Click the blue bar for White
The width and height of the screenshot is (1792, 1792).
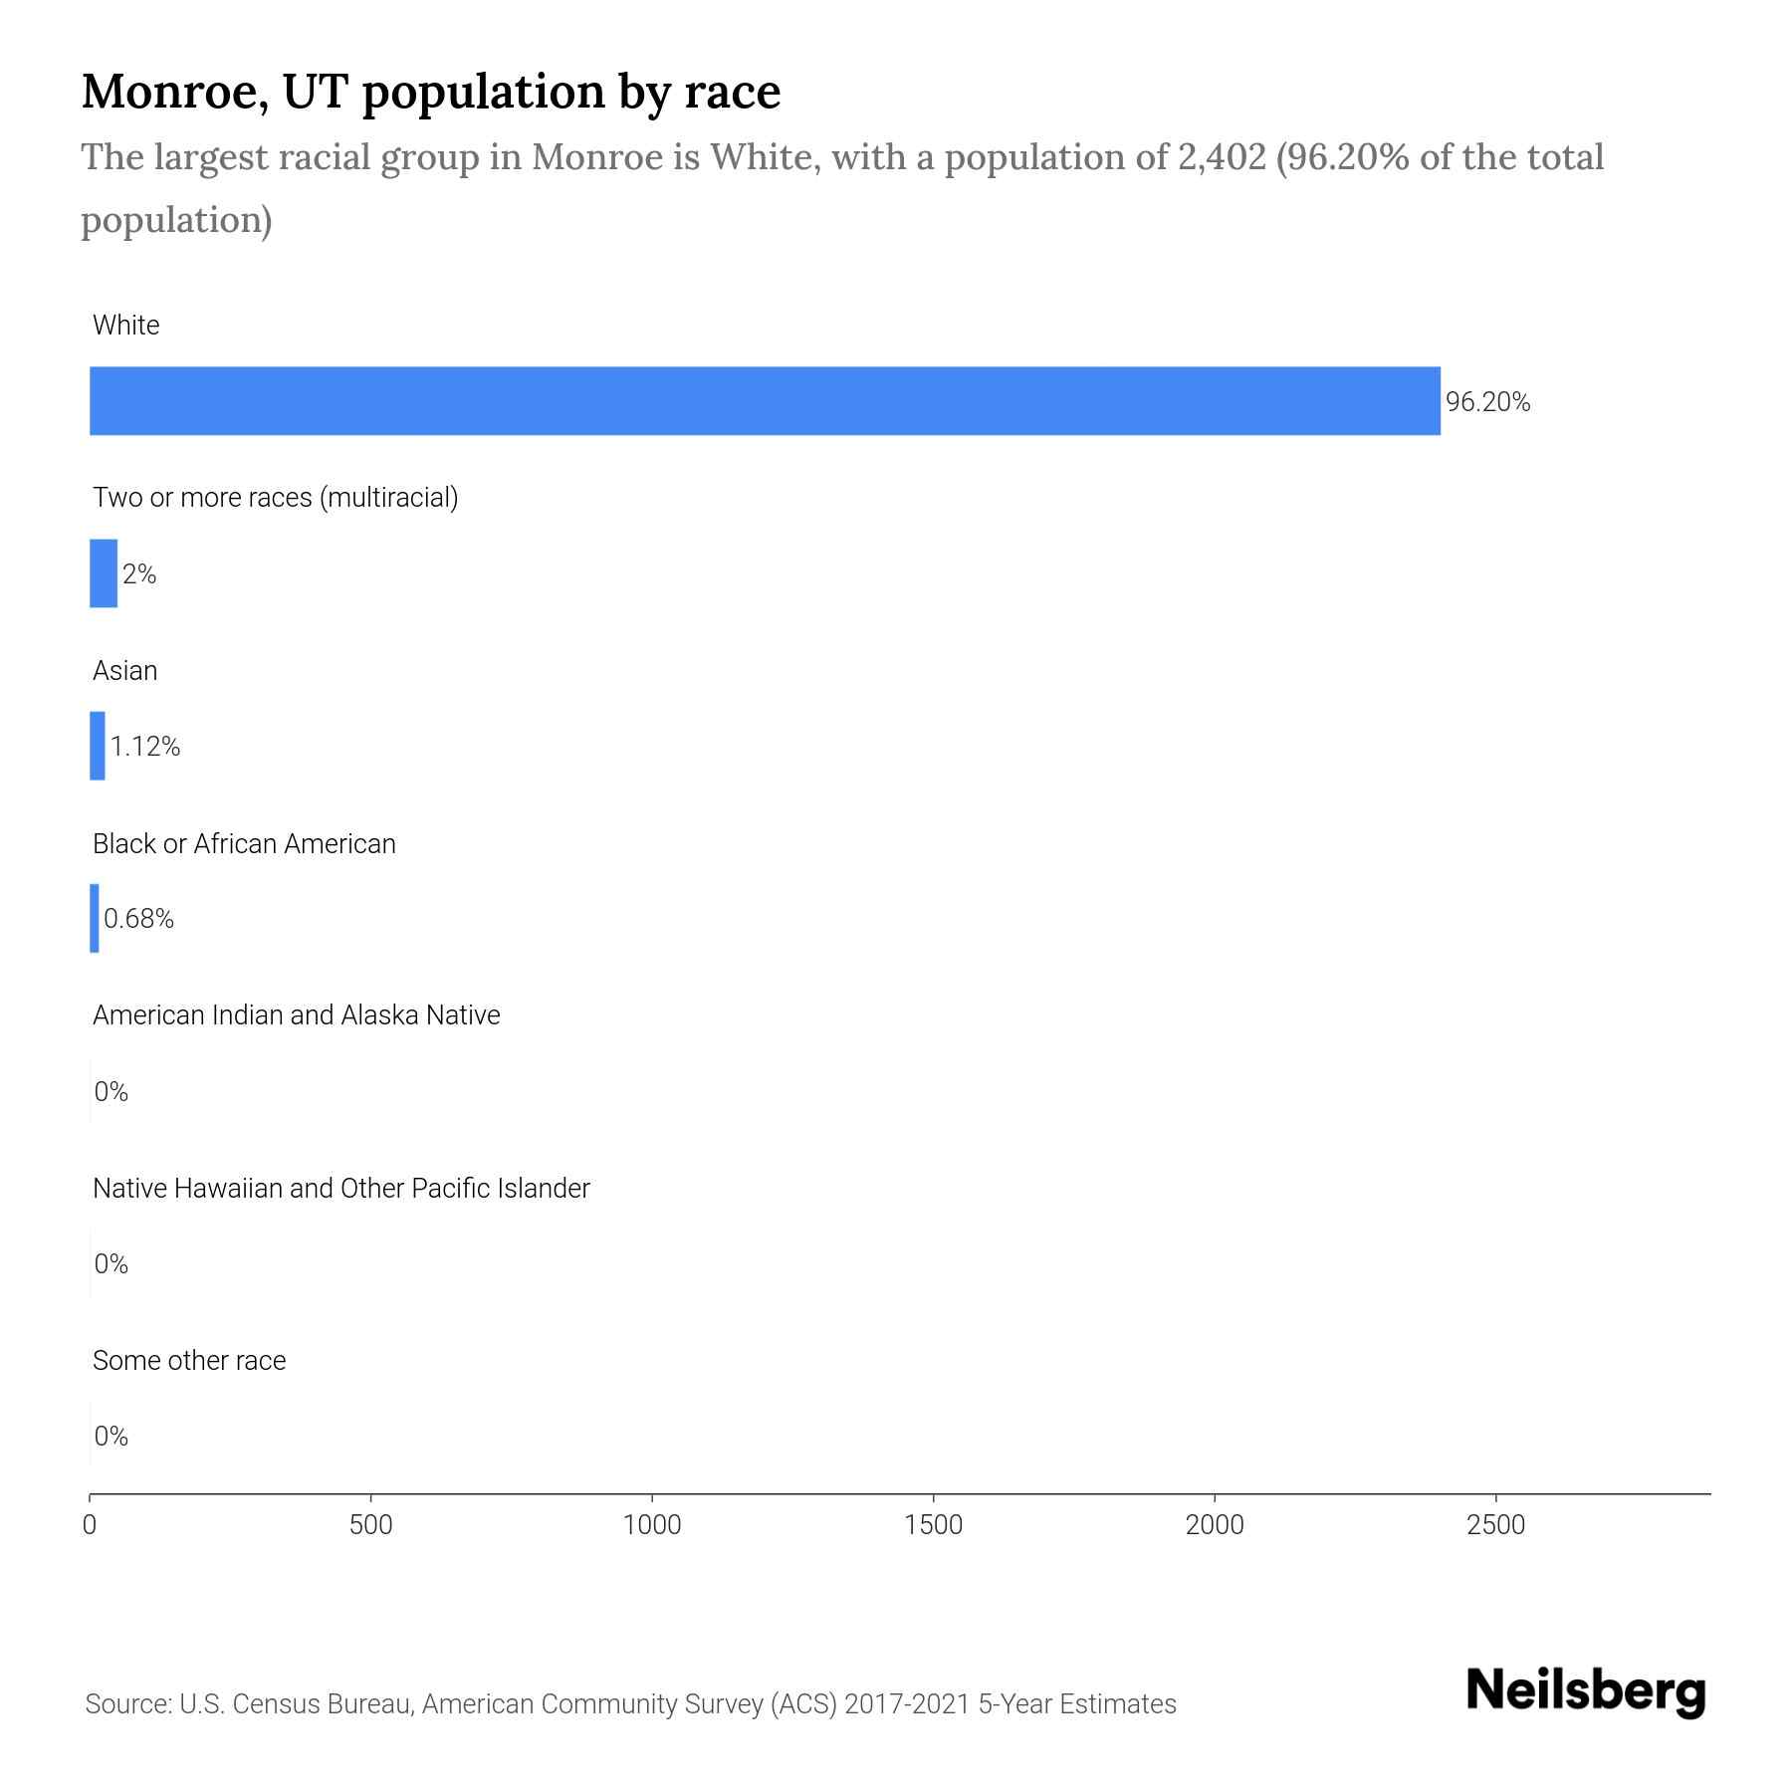[x=765, y=401]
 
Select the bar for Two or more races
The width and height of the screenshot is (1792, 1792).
[x=104, y=573]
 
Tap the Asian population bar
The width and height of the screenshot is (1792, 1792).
[x=98, y=746]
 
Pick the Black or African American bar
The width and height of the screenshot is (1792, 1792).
[x=95, y=918]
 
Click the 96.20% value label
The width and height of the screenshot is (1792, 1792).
[x=1487, y=402]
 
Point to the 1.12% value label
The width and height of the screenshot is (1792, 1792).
[x=145, y=747]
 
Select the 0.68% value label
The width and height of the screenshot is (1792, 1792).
[x=139, y=919]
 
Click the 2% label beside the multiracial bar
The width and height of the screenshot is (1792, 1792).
[x=139, y=574]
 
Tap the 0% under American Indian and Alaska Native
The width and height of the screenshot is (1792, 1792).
[x=112, y=1092]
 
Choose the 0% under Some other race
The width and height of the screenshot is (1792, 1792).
[x=112, y=1437]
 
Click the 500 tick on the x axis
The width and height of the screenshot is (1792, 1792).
[x=371, y=1525]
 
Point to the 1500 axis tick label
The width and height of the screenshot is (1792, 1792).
[x=934, y=1525]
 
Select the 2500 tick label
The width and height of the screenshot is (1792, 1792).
[x=1496, y=1525]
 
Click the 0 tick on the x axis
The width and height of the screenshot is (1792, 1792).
[x=90, y=1525]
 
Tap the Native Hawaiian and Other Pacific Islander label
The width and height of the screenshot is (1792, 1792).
[x=340, y=1189]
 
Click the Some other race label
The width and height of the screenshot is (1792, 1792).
[x=189, y=1361]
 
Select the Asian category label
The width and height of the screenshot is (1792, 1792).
[x=125, y=671]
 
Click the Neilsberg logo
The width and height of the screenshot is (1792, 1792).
[x=1586, y=1691]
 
